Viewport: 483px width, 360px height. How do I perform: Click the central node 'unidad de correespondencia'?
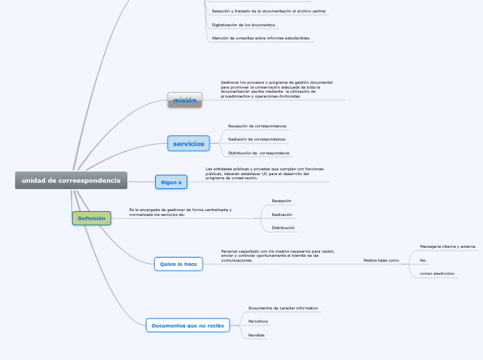71,181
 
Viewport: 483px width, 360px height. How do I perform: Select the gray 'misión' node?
184,100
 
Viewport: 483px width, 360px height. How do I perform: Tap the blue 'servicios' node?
188,143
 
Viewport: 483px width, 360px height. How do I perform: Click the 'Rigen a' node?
171,182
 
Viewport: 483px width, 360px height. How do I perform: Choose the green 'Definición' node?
91,218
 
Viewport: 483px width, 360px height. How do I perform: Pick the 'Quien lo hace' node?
178,264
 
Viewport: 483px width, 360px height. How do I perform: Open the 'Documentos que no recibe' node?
187,325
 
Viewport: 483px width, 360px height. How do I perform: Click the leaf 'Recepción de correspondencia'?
257,126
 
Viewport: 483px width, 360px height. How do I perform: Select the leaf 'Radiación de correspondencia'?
256,139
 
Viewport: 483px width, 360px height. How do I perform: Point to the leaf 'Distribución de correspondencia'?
258,152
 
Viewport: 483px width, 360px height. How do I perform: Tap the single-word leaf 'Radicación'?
281,215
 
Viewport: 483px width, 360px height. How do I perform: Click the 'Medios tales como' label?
381,260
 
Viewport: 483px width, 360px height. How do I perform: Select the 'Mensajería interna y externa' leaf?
447,246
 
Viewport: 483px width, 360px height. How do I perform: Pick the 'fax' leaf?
423,260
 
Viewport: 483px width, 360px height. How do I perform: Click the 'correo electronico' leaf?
437,273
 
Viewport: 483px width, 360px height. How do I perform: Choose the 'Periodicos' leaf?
258,321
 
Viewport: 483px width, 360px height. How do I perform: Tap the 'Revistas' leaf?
256,335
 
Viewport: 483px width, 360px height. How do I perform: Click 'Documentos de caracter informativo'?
283,307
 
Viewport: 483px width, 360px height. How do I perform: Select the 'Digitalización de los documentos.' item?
243,25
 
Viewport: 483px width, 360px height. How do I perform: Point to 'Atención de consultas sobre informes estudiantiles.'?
261,38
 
